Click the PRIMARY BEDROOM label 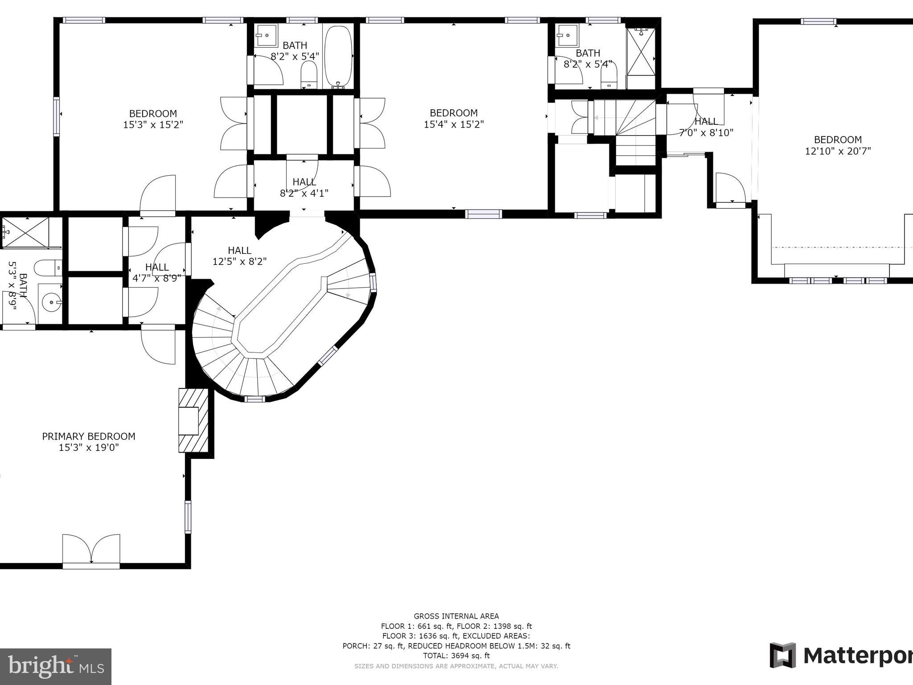89,436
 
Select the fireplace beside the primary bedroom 193,421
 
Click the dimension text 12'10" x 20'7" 838,151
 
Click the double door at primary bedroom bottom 91,550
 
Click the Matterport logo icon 783,655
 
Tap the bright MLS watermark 56,667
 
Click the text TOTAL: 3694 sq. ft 456,656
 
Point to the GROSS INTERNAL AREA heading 456,616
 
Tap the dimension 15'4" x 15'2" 454,124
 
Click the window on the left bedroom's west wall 56,116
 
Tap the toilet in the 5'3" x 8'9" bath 47,268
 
